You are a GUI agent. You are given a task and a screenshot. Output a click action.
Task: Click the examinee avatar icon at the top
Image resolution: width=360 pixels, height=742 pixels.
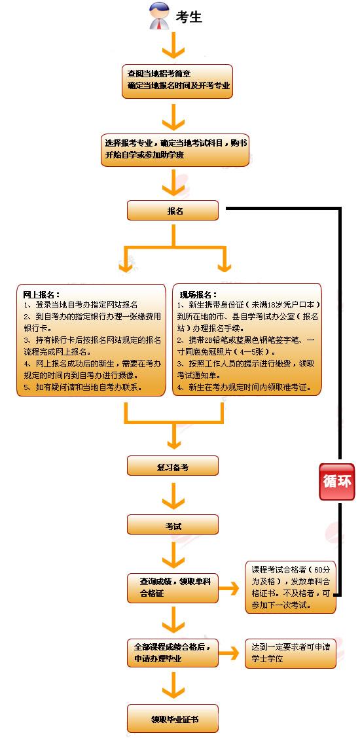(x=158, y=16)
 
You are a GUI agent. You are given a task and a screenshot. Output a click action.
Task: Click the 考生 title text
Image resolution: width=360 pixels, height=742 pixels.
(x=190, y=18)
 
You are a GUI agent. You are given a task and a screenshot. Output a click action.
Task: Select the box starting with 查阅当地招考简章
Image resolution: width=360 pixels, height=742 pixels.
(x=177, y=81)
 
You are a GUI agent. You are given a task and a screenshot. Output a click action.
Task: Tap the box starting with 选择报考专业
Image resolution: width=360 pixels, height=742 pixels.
(x=175, y=150)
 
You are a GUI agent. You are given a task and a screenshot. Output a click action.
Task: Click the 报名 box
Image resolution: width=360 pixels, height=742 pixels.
(x=173, y=211)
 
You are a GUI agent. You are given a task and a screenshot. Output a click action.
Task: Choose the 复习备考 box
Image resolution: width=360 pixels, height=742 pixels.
(x=173, y=466)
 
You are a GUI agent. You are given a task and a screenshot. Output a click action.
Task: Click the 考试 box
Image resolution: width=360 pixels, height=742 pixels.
(x=173, y=525)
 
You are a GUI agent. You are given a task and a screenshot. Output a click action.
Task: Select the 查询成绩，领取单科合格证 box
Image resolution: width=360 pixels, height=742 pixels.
(x=173, y=587)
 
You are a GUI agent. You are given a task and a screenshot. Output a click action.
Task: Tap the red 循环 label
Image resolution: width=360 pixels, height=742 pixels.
(x=336, y=482)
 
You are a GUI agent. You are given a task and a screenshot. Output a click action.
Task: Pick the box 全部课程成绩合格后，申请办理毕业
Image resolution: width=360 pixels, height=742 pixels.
(x=173, y=652)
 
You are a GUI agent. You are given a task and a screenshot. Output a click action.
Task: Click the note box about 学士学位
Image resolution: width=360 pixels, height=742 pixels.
(x=290, y=653)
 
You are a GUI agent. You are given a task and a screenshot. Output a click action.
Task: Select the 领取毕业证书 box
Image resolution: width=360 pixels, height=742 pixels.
(x=173, y=719)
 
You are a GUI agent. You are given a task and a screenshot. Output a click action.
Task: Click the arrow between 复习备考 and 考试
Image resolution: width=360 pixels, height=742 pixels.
(x=173, y=496)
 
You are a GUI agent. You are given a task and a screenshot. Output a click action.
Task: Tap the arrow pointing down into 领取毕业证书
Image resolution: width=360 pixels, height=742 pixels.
(x=173, y=686)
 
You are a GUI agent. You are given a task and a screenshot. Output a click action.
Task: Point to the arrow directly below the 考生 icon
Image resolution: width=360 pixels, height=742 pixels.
(x=173, y=46)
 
